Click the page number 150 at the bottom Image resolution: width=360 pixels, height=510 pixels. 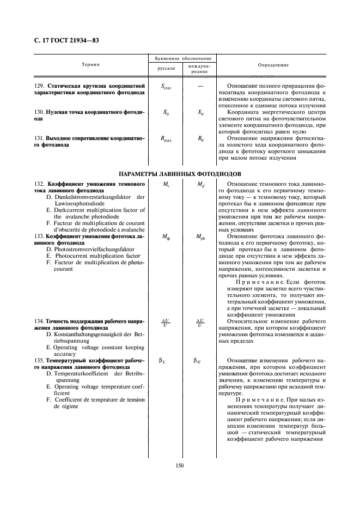[x=180, y=465]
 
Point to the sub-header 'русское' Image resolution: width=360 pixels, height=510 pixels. [x=166, y=69]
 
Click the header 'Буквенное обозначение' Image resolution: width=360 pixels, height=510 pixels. [x=183, y=57]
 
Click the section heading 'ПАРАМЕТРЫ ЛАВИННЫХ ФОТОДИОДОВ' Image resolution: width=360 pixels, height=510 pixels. [x=180, y=173]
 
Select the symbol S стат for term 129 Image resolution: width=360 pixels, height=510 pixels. [x=166, y=87]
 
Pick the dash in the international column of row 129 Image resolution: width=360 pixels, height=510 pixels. [x=200, y=86]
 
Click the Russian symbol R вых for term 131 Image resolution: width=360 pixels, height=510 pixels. [x=166, y=139]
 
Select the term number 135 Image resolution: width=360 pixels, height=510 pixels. [x=39, y=360]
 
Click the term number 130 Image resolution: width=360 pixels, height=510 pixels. [x=39, y=112]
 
